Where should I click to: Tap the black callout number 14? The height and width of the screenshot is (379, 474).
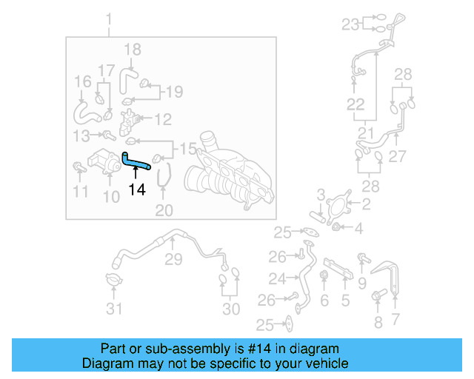point(136,189)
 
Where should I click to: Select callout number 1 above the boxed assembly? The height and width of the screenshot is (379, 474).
point(109,18)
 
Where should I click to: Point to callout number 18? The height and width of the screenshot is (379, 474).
point(132,50)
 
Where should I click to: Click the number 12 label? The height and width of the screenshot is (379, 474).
point(162,118)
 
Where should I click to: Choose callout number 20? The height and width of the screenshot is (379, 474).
point(164,211)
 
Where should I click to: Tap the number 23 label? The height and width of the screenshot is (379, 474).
point(350,24)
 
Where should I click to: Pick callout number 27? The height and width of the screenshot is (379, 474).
point(398,157)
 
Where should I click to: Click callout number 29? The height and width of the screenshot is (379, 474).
point(173,259)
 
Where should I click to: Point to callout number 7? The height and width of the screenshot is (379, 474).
point(395,319)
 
